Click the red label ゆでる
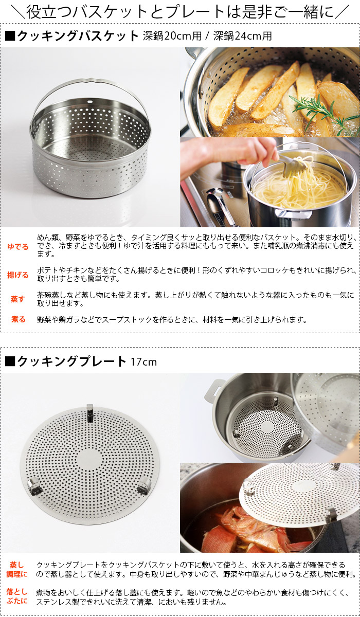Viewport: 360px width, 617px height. coord(18,246)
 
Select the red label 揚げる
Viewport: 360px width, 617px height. coord(18,275)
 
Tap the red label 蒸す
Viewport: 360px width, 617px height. coord(18,299)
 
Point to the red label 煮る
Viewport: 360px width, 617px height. coord(18,319)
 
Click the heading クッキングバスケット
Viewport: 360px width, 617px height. coord(78,36)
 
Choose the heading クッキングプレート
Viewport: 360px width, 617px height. coord(71,361)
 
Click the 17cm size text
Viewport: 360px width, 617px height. coord(143,361)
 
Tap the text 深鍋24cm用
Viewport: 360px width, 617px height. coord(243,36)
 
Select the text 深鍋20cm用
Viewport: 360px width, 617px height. coord(172,36)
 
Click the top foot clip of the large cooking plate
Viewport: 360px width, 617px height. coord(90,412)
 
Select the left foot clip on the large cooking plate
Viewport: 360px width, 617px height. coord(34,487)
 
